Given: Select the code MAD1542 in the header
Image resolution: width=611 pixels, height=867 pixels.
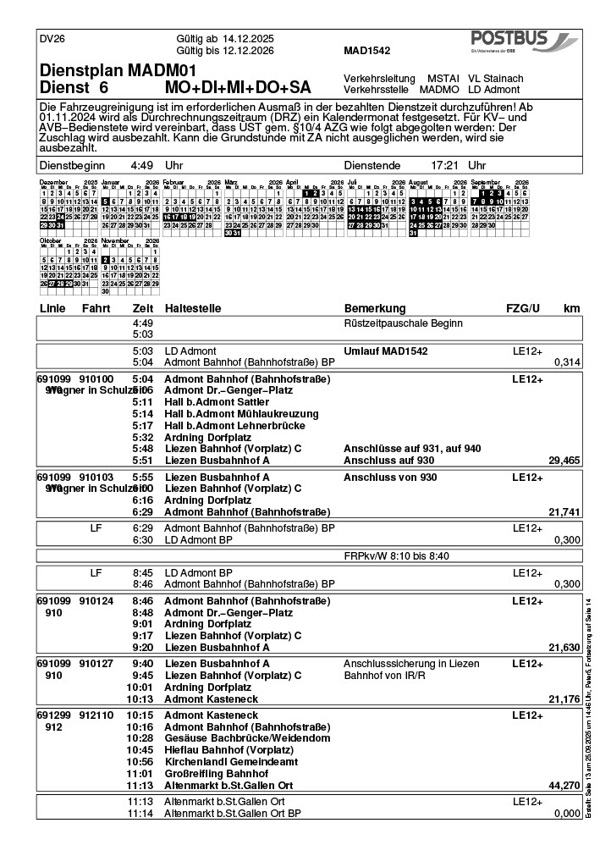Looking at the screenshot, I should tap(366, 51).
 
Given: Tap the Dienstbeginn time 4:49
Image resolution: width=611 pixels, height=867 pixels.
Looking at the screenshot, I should tap(141, 165).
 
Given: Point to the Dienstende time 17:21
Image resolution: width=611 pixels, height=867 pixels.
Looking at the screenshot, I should tap(445, 165).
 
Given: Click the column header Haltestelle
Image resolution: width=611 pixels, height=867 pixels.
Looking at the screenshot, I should tap(195, 308).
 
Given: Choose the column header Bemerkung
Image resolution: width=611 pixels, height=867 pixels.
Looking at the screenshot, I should tap(375, 308).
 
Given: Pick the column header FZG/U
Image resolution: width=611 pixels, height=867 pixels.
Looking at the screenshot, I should tap(523, 308).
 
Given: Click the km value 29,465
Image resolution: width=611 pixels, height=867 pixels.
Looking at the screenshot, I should tap(564, 461).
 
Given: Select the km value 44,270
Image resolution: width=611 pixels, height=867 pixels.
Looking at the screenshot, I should tap(564, 786).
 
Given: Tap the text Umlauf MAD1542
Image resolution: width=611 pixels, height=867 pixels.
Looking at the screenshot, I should tap(385, 351).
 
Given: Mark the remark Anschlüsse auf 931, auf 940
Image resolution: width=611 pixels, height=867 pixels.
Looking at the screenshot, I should tap(412, 448).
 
